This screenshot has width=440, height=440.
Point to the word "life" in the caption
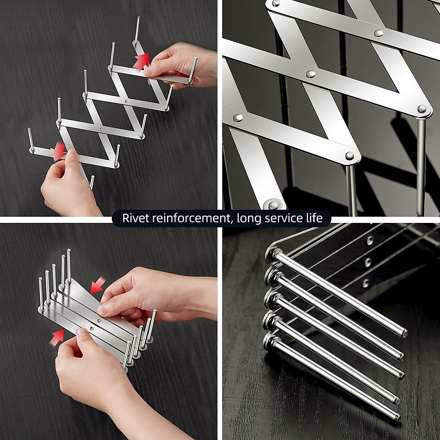click(315, 219)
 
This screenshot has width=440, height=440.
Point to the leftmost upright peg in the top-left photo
click(31, 139)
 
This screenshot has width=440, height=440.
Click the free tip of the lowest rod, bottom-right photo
click(397, 416)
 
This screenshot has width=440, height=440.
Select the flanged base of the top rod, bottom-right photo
click(273, 252)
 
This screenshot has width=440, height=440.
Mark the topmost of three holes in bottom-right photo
click(370, 241)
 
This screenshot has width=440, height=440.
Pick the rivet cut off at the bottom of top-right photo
click(273, 203)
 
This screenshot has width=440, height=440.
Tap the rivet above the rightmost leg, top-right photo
click(422, 109)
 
